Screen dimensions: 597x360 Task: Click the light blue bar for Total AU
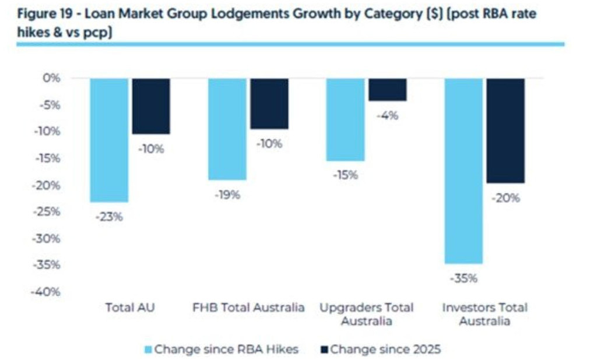click(x=109, y=140)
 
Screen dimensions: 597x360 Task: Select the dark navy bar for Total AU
click(x=151, y=106)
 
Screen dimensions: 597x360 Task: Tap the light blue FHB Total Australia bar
click(x=227, y=129)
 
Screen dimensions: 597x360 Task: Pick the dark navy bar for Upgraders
click(x=388, y=90)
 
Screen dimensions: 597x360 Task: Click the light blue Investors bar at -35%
click(x=463, y=171)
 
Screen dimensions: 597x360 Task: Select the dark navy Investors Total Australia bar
click(x=505, y=130)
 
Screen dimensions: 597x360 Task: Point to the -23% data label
click(x=109, y=217)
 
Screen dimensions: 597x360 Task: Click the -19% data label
click(x=227, y=195)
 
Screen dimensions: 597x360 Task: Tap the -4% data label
click(x=388, y=115)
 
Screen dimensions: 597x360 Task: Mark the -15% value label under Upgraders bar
click(x=345, y=175)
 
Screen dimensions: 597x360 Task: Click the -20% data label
click(x=505, y=198)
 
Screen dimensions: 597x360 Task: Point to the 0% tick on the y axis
click(x=52, y=78)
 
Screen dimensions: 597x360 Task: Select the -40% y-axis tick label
click(x=46, y=292)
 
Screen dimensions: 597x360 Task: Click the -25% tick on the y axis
click(x=47, y=211)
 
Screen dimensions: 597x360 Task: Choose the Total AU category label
click(x=130, y=308)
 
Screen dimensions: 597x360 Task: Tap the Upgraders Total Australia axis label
click(x=366, y=314)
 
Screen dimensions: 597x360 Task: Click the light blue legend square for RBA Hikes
click(x=148, y=350)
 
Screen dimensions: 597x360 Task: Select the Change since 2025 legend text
click(x=385, y=350)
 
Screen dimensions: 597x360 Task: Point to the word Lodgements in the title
click(x=251, y=15)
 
